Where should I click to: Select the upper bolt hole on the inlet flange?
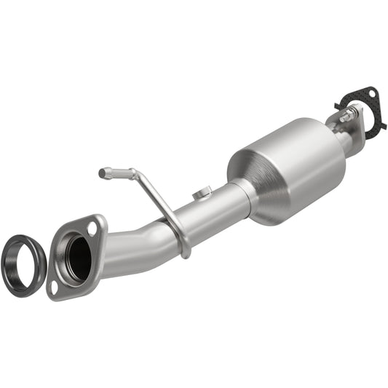92,229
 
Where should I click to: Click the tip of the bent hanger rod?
103,173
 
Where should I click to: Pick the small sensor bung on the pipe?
203,193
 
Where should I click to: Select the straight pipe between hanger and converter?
215,215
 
